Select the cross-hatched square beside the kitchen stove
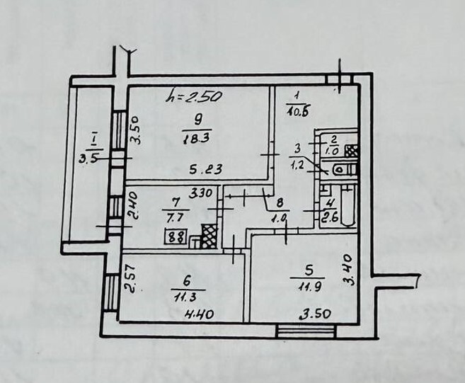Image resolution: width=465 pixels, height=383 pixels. click(207, 236)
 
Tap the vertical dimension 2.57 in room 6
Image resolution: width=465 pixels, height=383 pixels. click(130, 278)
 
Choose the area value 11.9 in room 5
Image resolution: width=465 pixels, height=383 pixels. click(302, 286)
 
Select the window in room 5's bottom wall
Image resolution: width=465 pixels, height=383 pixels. click(305, 328)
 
